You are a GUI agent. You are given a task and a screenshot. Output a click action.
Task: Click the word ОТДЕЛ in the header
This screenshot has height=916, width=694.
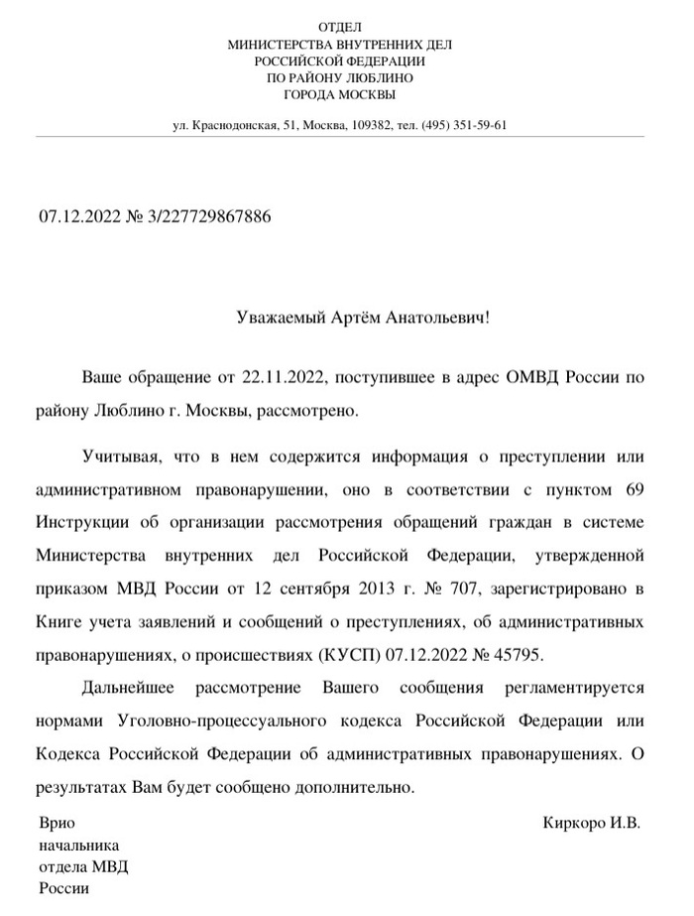(339, 27)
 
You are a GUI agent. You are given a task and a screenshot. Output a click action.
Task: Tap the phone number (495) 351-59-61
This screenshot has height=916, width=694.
(464, 126)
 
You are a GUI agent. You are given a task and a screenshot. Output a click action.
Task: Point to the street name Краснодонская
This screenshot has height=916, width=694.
(234, 126)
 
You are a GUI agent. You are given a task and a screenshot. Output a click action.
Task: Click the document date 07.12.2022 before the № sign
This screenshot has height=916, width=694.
(77, 215)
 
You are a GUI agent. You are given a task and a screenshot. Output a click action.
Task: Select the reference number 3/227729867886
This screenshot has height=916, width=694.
(208, 215)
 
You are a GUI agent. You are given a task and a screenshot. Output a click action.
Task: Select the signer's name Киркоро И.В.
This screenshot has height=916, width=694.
(592, 824)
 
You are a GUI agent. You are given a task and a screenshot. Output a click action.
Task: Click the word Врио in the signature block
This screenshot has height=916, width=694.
(57, 824)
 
